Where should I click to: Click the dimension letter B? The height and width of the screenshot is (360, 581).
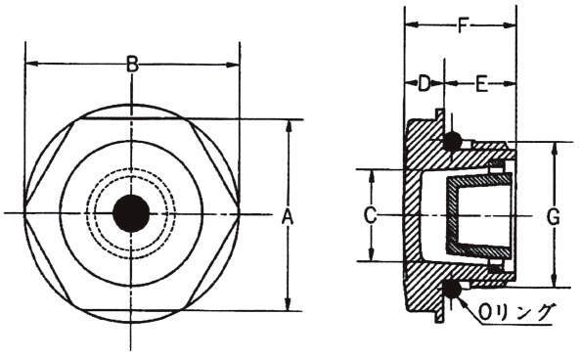pos(132,64)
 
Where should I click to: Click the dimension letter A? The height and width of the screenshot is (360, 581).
pos(288,217)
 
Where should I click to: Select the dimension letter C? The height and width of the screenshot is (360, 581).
pos(370,215)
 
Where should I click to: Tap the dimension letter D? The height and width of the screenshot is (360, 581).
pos(424,83)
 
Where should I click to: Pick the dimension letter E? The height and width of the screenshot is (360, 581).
pos(481,84)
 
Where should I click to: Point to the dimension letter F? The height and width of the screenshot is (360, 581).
pos(462,24)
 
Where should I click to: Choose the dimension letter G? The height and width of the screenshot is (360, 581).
pos(554,217)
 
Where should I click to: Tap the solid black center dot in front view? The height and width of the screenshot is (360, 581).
pos(131,213)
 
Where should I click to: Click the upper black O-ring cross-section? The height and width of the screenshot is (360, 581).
pos(452,141)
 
